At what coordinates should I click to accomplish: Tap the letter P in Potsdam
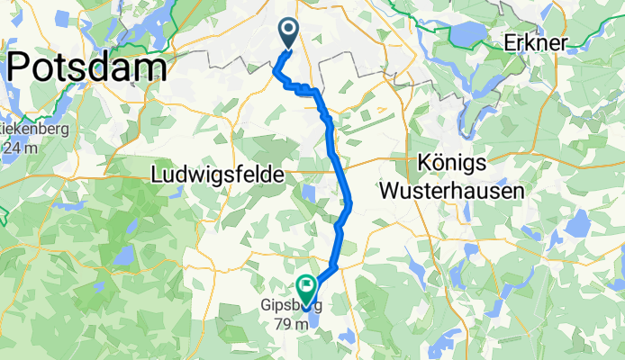coord(22,67)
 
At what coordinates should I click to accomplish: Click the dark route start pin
coord(289,33)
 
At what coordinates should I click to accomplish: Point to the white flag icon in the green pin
coord(306,287)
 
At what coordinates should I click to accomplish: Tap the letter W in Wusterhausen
coord(390,191)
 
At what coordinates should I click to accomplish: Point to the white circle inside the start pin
coord(289,30)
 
